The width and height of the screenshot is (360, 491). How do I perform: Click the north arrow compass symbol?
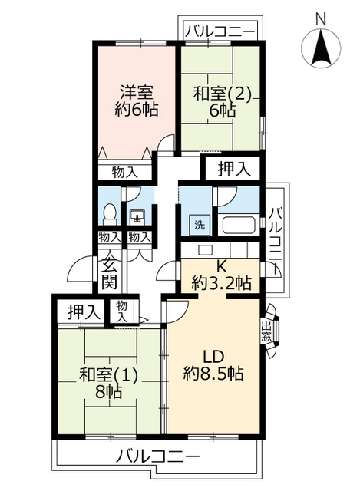321,48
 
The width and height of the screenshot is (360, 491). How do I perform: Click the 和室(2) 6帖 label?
222,101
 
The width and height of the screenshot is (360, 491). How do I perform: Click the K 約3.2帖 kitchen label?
220,275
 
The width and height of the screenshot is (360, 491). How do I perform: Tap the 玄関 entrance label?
108,275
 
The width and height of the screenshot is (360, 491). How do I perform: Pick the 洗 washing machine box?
199,226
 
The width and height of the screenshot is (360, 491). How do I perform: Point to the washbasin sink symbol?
138,216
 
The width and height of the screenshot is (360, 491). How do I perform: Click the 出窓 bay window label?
267,331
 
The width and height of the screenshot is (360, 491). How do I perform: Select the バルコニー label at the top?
221,31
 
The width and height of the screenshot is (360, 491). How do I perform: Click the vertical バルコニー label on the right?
278,237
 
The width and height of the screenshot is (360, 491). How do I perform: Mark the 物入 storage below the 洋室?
125,172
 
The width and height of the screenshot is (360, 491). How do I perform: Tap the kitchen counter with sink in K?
222,250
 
